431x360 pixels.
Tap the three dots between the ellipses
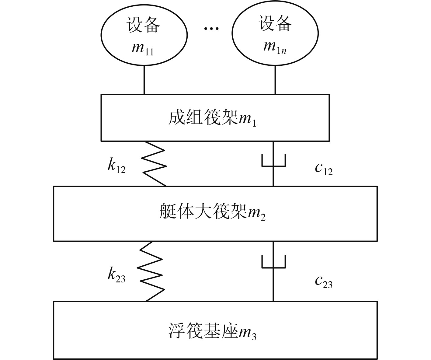tap(211, 29)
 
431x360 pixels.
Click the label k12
tap(116, 166)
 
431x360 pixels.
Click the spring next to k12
tap(155, 164)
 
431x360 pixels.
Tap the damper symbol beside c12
tap(273, 161)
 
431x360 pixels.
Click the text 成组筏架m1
tap(212, 118)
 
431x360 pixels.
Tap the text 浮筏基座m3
tap(212, 331)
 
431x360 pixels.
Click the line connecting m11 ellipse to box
tap(144, 80)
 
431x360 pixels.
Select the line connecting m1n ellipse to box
tap(275, 80)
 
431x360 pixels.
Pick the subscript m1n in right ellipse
tap(275, 47)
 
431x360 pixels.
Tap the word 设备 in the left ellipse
tap(143, 25)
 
